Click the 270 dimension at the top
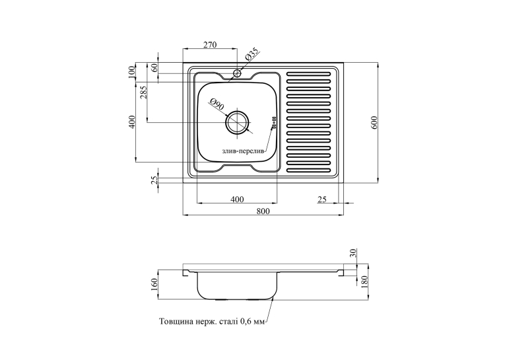(210, 44)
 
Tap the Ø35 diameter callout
(252, 54)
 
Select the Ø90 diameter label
(217, 105)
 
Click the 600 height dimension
(374, 122)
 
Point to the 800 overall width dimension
(263, 211)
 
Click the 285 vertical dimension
(144, 92)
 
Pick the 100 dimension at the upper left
(131, 72)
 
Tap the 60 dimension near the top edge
(154, 67)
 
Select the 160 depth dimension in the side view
(154, 284)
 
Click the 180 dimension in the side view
(364, 282)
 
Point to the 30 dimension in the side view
(353, 253)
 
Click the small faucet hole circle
(238, 73)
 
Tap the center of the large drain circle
(238, 122)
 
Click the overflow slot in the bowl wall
(274, 122)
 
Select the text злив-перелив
(243, 151)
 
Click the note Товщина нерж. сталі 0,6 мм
(212, 321)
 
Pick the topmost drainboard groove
(308, 74)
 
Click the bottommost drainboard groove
(308, 170)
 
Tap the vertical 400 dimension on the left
(131, 122)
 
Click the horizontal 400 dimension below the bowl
(237, 199)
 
